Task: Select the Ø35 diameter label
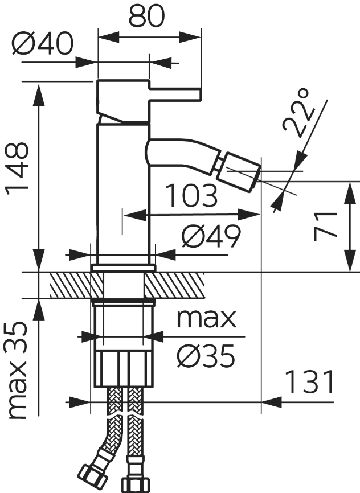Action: point(206,356)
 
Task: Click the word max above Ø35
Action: point(206,319)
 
